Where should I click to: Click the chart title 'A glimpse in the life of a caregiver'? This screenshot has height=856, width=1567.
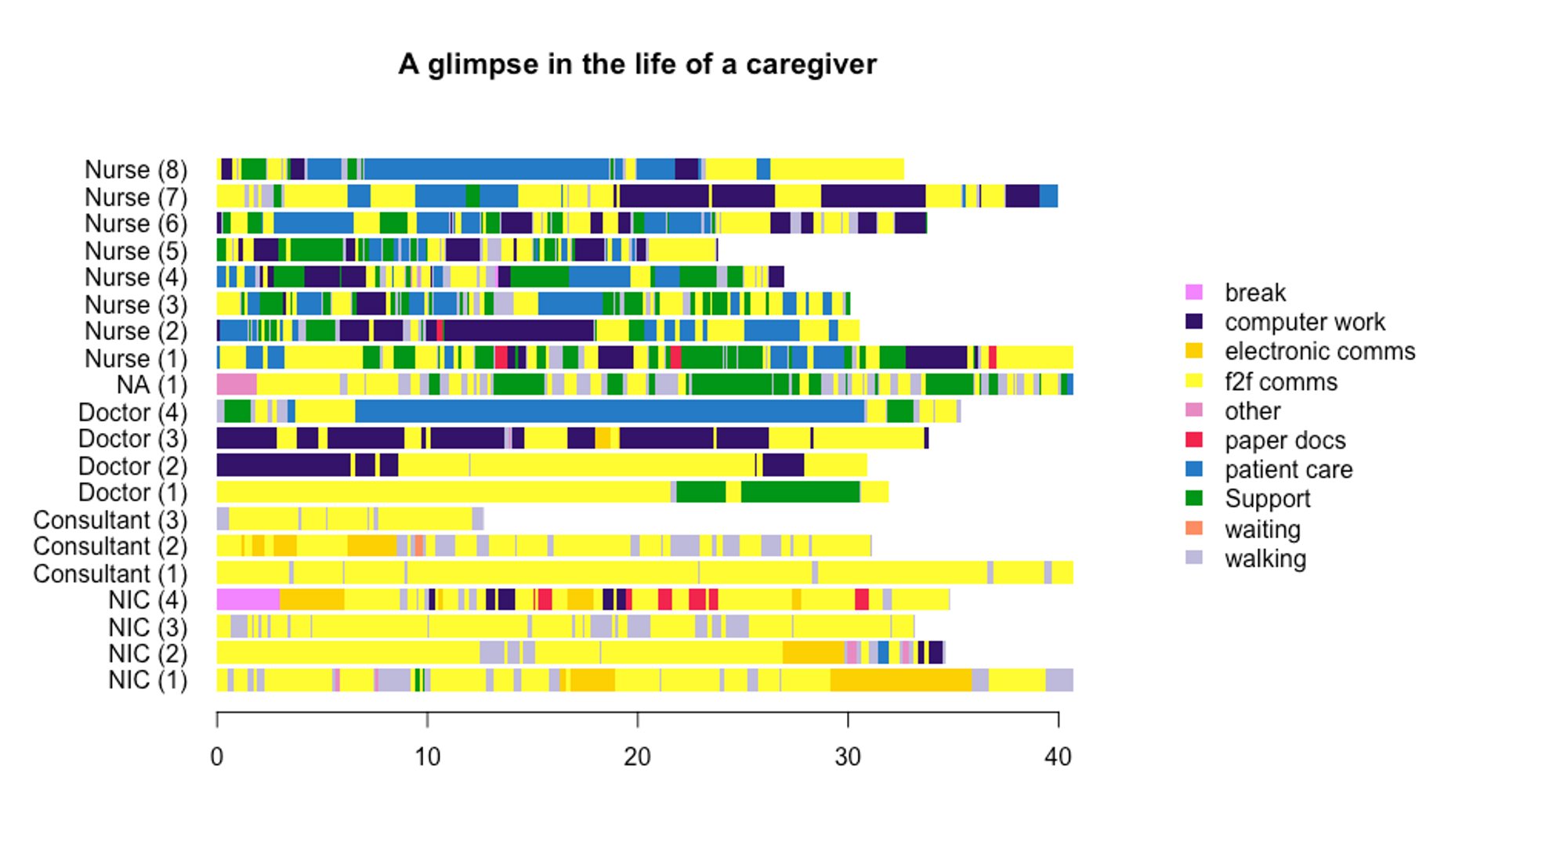point(637,64)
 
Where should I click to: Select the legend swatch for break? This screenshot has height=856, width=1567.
point(1194,292)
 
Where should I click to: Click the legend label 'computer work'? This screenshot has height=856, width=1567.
point(1305,322)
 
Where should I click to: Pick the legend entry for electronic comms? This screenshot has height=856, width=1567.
point(1319,351)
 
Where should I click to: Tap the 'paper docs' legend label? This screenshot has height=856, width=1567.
point(1285,440)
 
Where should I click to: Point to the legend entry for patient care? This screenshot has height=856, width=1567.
point(1288,469)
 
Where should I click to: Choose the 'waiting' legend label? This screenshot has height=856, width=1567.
point(1262,529)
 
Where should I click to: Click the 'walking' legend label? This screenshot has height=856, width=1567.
point(1265,558)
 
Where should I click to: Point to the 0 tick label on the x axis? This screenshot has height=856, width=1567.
point(217,757)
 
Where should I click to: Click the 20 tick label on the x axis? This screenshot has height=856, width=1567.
point(637,757)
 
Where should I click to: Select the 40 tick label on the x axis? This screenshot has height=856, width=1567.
point(1058,757)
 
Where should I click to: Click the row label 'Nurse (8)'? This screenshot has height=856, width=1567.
point(136,170)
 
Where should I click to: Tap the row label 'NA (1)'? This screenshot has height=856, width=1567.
point(152,385)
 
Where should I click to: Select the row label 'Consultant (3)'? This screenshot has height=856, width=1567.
point(110,520)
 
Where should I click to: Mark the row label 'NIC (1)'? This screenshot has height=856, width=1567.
point(148,680)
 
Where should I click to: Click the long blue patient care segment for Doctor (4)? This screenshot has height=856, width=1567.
point(610,411)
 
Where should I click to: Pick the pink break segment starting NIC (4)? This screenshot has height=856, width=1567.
point(248,600)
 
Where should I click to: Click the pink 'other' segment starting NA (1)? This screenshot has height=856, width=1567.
point(237,385)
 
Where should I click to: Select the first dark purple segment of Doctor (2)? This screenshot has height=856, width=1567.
point(284,465)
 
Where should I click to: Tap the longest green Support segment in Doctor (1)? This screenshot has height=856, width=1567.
point(800,492)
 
